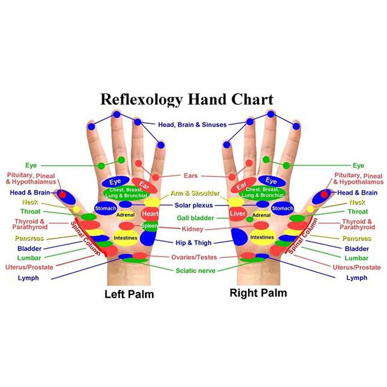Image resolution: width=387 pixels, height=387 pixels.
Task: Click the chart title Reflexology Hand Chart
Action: [187, 100]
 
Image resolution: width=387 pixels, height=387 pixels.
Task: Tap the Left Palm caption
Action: [129, 294]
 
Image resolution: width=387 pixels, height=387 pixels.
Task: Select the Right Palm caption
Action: [258, 293]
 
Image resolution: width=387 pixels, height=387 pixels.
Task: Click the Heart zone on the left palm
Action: [150, 214]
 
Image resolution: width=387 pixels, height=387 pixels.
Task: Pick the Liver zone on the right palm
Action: [237, 214]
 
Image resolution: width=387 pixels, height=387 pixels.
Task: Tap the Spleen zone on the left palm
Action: [150, 226]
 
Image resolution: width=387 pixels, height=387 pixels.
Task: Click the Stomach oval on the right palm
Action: [282, 209]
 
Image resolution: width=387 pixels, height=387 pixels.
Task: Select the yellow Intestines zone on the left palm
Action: [126, 238]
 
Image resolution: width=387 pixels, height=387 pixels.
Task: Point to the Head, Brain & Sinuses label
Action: [192, 124]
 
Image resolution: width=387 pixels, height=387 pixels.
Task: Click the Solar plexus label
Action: [194, 206]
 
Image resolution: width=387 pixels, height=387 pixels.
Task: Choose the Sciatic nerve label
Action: [195, 270]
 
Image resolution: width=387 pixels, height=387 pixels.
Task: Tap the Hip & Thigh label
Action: [194, 243]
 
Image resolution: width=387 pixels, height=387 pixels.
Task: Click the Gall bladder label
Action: [195, 218]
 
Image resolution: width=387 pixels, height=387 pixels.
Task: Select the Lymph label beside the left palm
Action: [28, 278]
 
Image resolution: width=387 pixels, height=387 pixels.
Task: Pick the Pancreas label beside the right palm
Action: [356, 239]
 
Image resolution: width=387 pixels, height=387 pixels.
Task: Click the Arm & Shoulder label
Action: [195, 193]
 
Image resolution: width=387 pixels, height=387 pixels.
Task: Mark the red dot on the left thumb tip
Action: [62, 195]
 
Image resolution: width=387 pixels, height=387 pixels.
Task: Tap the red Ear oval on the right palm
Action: [243, 185]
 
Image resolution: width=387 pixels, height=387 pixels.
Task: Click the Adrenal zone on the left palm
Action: [126, 215]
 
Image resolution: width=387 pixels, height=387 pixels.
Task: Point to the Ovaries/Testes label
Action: [194, 257]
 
